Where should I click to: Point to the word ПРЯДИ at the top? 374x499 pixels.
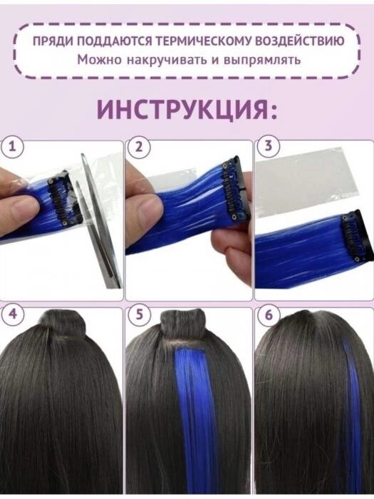click(53, 41)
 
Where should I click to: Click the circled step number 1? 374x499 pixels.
click(11, 147)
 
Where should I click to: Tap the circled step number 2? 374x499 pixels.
click(139, 147)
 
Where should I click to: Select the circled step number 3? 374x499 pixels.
click(269, 146)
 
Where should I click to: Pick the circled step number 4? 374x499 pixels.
click(12, 315)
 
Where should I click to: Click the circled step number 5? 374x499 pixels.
click(139, 315)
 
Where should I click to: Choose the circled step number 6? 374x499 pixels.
click(269, 315)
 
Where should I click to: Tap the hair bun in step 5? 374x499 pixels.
click(182, 324)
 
